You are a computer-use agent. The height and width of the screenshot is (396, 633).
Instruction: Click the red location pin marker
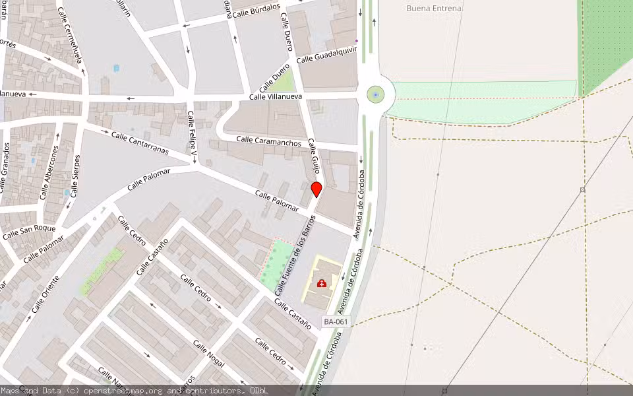click(316, 189)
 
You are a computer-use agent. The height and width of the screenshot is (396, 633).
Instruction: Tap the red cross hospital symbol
click(322, 284)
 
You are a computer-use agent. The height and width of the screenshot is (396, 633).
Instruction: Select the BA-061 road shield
click(336, 321)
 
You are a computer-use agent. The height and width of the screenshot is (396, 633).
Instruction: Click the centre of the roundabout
click(376, 95)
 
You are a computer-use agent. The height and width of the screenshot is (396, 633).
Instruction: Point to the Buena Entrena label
click(434, 9)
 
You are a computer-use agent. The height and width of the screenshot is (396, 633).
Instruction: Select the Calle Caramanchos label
click(268, 141)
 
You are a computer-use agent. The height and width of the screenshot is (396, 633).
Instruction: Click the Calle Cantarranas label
click(140, 143)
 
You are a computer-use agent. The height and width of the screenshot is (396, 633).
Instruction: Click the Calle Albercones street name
click(49, 173)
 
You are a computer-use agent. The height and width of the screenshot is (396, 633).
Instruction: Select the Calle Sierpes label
click(76, 176)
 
